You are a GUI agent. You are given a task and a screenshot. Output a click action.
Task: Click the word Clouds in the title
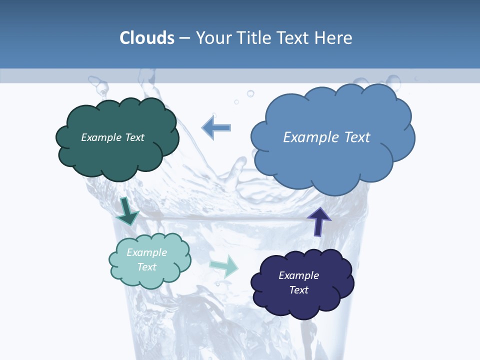tap(146, 38)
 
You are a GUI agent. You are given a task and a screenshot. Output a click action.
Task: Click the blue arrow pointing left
tap(216, 127)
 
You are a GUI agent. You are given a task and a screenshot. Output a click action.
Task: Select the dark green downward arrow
tap(127, 211)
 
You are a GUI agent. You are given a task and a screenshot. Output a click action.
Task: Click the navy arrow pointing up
tap(318, 221)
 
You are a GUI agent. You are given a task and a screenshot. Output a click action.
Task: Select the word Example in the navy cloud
tap(298, 275)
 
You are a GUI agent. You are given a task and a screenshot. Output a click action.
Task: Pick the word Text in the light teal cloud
tap(147, 267)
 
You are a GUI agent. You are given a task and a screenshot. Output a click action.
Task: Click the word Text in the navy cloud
tap(298, 290)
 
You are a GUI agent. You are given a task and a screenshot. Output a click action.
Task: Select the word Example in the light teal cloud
tap(147, 252)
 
